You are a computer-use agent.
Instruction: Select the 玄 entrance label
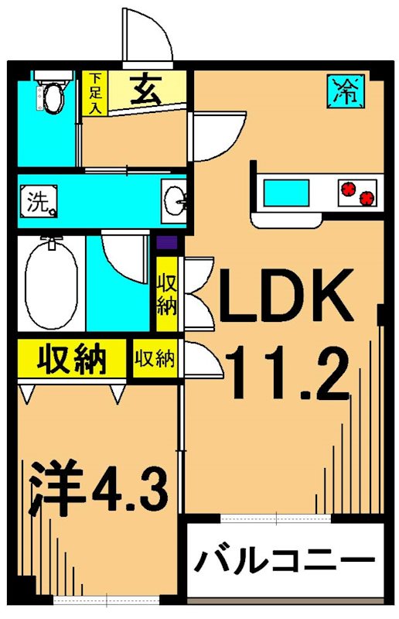click(145, 91)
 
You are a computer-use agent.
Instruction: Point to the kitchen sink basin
click(286, 192)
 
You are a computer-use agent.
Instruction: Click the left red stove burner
click(347, 187)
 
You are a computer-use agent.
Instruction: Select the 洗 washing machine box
click(39, 202)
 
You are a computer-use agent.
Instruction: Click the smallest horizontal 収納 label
click(155, 359)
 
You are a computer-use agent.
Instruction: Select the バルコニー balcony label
click(285, 559)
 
